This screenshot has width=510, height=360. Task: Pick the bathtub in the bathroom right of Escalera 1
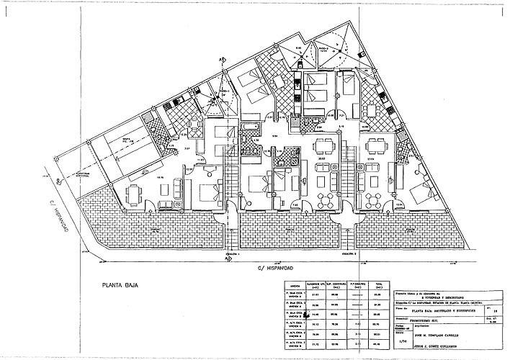click(x=250, y=128)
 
